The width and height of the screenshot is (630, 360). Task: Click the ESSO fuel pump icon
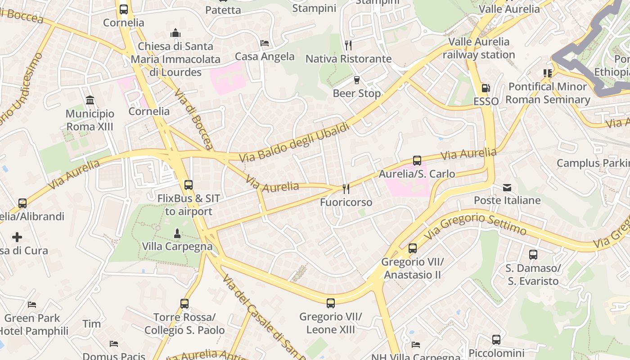point(486,88)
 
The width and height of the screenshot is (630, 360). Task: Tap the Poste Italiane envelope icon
point(507,187)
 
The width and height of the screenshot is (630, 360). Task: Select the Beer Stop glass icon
point(357,80)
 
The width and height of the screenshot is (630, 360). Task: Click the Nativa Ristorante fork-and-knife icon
point(348,45)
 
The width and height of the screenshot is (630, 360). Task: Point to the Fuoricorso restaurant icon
point(346,189)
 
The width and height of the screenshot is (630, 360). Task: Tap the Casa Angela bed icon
point(265,43)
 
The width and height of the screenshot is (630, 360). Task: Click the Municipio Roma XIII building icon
point(90,100)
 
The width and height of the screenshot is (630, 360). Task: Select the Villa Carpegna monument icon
point(177,233)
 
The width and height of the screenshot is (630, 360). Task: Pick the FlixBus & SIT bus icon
point(189,184)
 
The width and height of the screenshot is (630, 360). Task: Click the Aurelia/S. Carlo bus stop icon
point(417,160)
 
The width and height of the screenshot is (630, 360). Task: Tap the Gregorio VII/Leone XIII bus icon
point(331,303)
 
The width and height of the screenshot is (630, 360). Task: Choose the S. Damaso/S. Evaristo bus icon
point(533,255)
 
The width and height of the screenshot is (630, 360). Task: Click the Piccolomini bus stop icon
point(496,340)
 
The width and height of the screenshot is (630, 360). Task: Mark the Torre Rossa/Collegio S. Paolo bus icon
point(184,304)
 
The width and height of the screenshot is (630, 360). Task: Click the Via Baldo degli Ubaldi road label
point(294,143)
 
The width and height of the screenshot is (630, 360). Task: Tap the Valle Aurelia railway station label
point(479,48)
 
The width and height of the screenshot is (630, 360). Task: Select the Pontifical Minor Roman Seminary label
point(547,93)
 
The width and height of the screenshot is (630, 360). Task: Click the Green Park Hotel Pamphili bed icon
point(31,305)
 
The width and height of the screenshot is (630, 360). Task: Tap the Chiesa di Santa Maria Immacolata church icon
point(175,33)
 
